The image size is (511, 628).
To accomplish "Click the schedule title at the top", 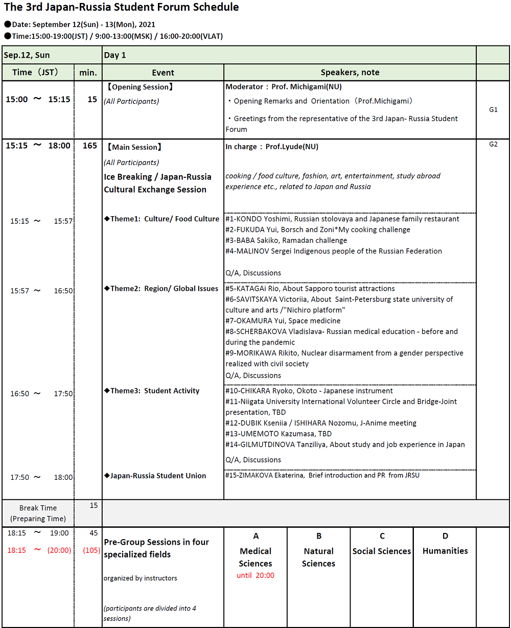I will click(x=121, y=8).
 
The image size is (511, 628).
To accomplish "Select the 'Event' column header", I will click(x=163, y=73).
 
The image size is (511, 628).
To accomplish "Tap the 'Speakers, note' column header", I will click(x=350, y=73).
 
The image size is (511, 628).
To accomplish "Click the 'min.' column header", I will click(x=88, y=73).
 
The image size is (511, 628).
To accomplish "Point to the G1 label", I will click(x=493, y=109).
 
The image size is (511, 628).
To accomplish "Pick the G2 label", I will click(x=493, y=144).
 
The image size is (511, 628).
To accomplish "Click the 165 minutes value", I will click(x=89, y=146).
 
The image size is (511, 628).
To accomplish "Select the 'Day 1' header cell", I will click(x=115, y=55).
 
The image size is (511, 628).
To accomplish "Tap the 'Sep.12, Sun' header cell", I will click(x=28, y=55).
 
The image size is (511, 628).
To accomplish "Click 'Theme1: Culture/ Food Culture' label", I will click(x=162, y=219).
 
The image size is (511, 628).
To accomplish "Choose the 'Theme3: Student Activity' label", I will click(x=152, y=391).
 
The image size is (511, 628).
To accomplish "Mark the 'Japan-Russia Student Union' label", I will click(x=155, y=476).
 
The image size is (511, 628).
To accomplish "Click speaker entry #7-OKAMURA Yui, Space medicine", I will click(x=283, y=321).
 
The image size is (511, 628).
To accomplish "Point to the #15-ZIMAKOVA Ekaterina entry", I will click(x=322, y=475).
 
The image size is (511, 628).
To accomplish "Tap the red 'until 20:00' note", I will click(x=255, y=575).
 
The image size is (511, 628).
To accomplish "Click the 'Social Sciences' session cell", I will click(x=382, y=551).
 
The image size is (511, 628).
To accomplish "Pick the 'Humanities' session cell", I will click(x=445, y=551).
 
